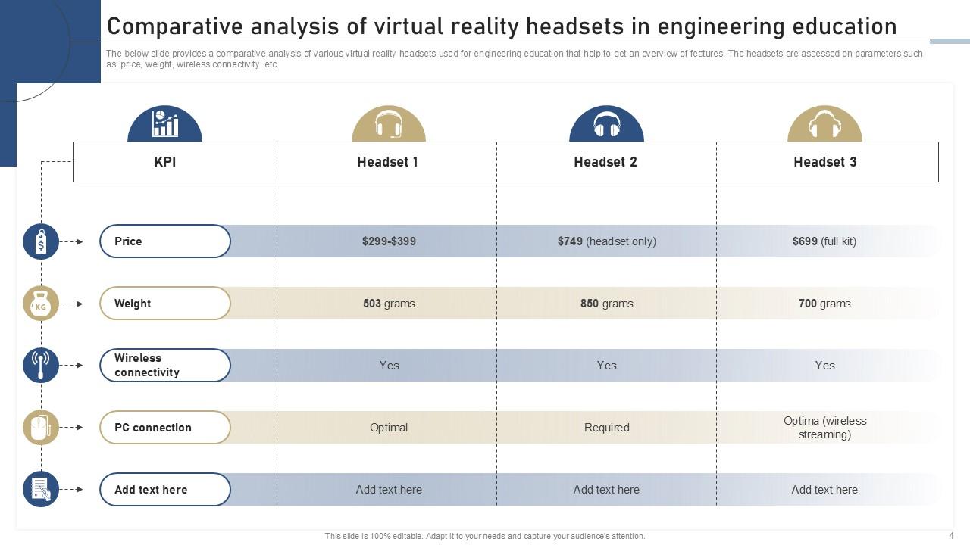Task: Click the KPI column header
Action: pyautogui.click(x=165, y=162)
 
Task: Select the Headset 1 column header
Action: pyautogui.click(x=387, y=162)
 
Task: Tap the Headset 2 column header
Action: pyautogui.click(x=605, y=162)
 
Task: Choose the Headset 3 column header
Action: pyautogui.click(x=824, y=162)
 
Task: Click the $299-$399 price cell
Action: pyautogui.click(x=389, y=241)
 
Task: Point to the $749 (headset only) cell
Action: pyautogui.click(x=606, y=241)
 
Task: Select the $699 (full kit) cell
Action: pyautogui.click(x=824, y=241)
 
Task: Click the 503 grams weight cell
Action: pyautogui.click(x=389, y=304)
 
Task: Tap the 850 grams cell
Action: pyautogui.click(x=606, y=304)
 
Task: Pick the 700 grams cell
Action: pyautogui.click(x=824, y=304)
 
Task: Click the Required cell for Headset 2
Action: pyautogui.click(x=606, y=428)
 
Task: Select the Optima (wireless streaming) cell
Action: pyautogui.click(x=824, y=428)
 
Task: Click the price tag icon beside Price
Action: pyautogui.click(x=41, y=242)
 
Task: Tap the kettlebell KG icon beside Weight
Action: pyautogui.click(x=41, y=304)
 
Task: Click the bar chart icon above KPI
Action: pyautogui.click(x=164, y=124)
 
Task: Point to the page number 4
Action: pyautogui.click(x=951, y=535)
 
